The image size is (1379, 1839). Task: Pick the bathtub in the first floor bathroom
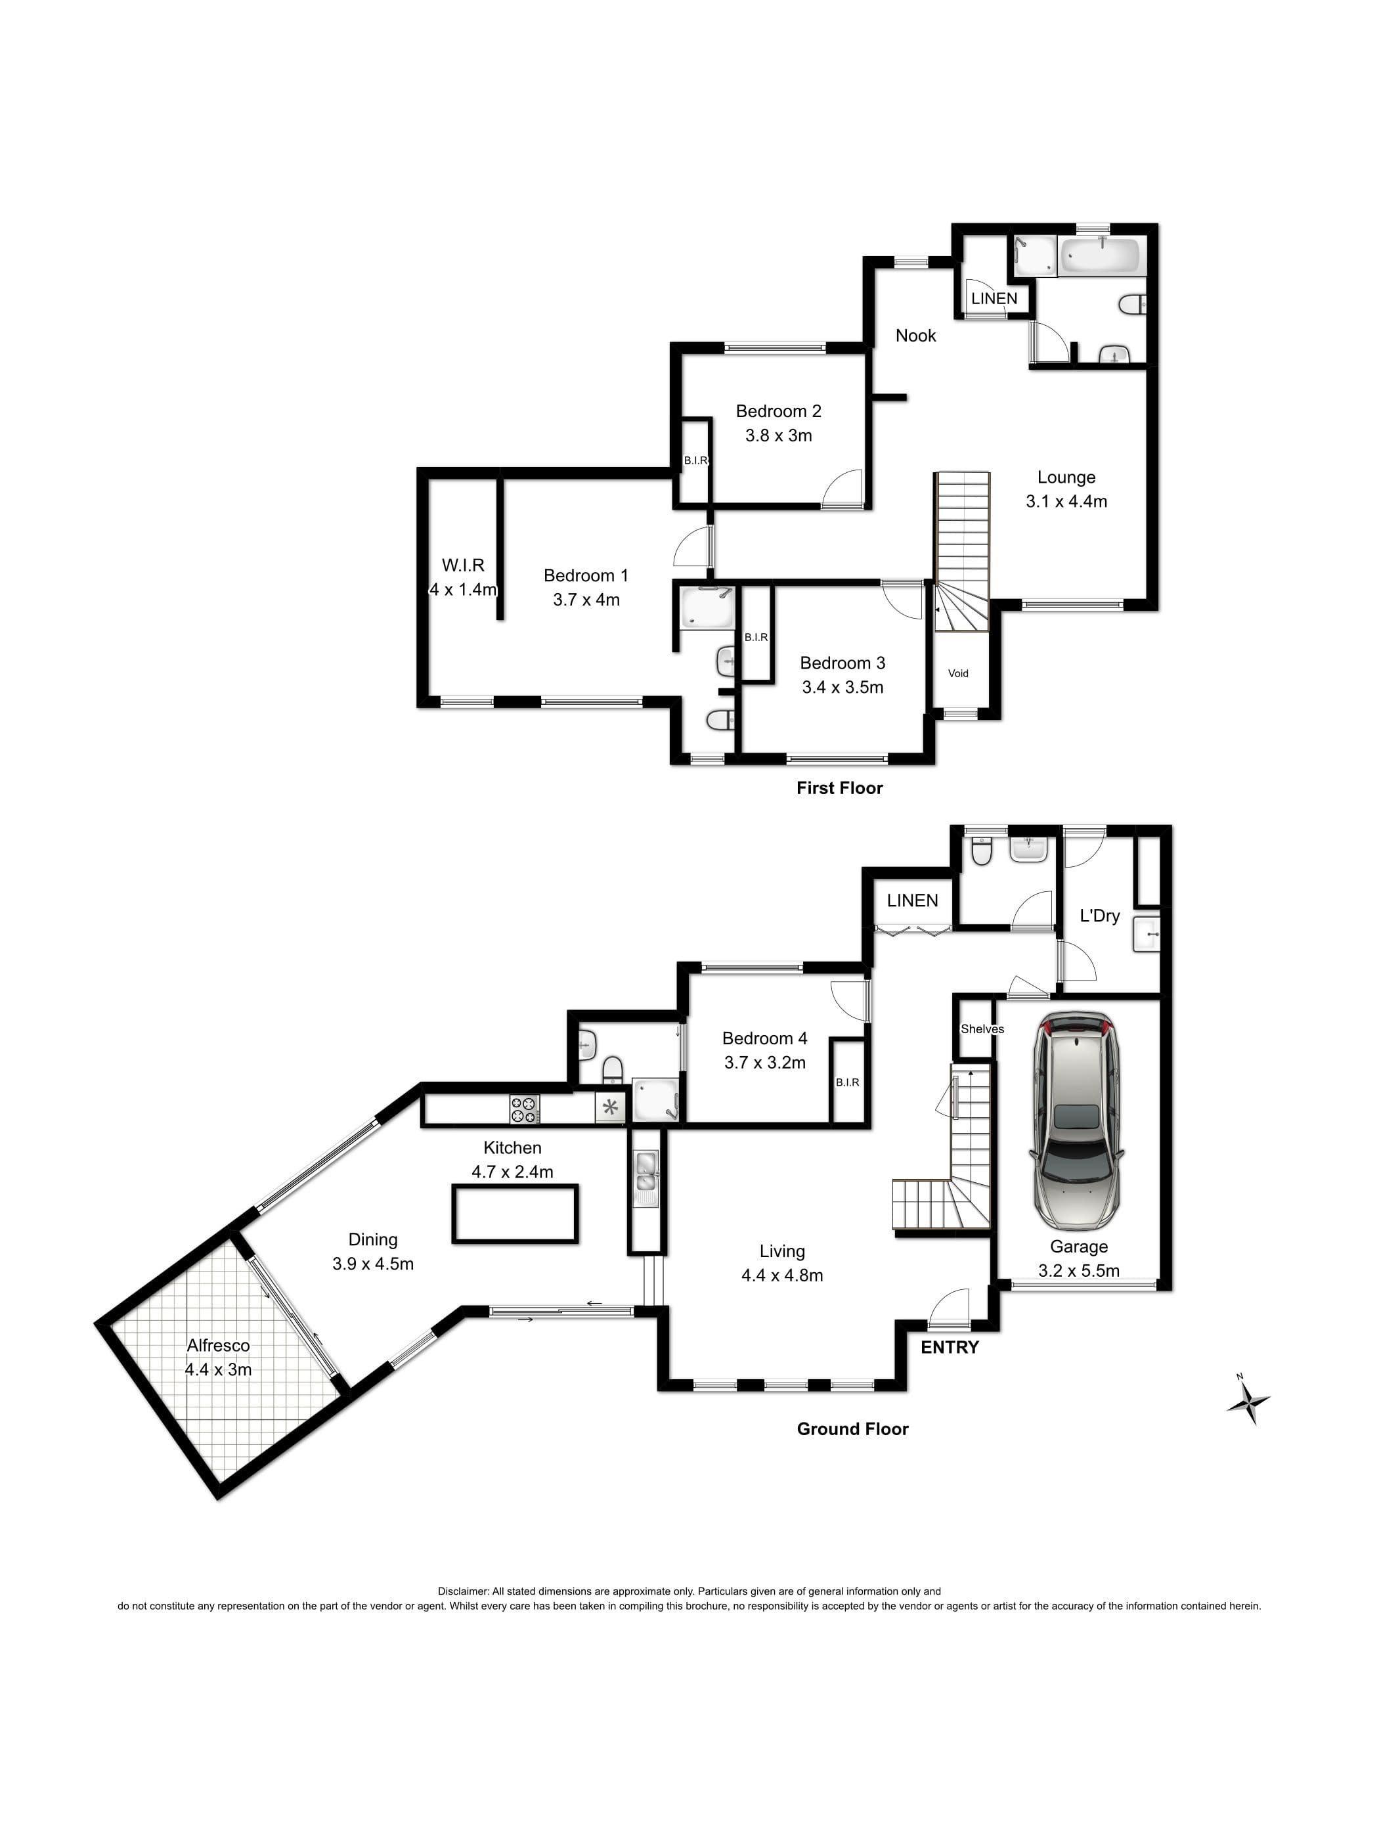[x=1101, y=254]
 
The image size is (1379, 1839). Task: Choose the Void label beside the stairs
[x=957, y=673]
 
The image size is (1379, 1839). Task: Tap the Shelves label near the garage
[x=982, y=1029]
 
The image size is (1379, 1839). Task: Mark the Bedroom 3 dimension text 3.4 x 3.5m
[x=842, y=687]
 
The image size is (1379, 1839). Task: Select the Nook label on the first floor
[x=915, y=336]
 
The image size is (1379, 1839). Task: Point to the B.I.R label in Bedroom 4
[x=847, y=1082]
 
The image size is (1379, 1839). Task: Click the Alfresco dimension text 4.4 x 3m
[x=218, y=1369]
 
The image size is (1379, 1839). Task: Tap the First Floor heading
[x=839, y=788]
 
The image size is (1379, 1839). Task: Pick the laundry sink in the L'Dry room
[x=1147, y=935]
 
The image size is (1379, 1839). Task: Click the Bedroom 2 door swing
[x=842, y=488]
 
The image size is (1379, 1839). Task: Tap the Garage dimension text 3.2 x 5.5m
[x=1078, y=1270]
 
